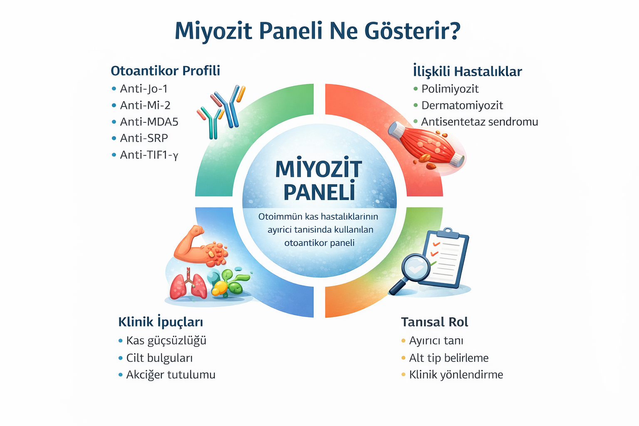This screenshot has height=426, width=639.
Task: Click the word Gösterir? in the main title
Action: [412, 30]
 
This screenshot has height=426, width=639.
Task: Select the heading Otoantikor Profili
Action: [165, 71]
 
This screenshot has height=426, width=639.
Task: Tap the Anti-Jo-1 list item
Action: [144, 89]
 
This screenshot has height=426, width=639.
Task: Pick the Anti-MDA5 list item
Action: [149, 121]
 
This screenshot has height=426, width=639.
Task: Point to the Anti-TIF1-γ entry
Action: [149, 155]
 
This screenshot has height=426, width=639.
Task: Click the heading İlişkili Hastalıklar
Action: [467, 71]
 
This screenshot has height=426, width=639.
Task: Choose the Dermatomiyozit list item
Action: [462, 105]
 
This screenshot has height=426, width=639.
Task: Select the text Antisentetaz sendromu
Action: [479, 122]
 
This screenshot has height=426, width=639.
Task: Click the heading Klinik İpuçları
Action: [161, 322]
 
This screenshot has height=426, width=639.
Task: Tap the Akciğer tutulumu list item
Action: [171, 374]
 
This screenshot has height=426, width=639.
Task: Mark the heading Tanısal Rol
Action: [434, 322]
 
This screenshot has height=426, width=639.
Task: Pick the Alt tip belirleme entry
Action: [448, 358]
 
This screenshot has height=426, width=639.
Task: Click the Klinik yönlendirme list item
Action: [456, 374]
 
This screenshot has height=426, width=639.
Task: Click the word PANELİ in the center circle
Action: [319, 192]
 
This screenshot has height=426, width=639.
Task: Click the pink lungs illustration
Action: [188, 284]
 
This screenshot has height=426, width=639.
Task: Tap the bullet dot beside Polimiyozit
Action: [415, 89]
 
